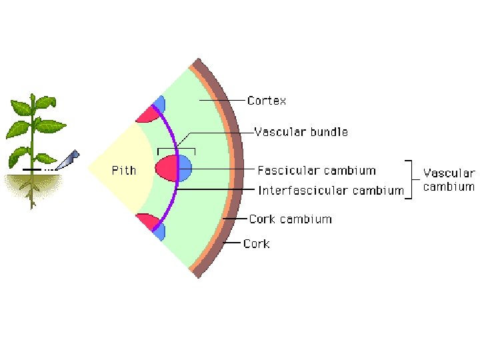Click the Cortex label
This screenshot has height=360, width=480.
point(267,101)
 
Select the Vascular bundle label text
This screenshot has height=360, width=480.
point(301,132)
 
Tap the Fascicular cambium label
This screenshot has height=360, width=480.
point(317,171)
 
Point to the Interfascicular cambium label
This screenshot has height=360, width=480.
point(331,191)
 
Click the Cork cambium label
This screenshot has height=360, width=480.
point(290,219)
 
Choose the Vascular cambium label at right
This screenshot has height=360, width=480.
point(449,180)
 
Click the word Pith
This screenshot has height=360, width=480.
point(123,170)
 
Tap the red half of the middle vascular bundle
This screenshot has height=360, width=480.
point(167,168)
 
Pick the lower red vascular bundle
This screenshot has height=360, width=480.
point(146,221)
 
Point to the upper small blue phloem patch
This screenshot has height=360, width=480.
point(159,104)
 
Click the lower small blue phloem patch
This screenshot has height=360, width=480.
point(159,231)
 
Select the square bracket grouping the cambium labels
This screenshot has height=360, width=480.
point(413,179)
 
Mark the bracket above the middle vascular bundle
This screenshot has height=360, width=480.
point(176,149)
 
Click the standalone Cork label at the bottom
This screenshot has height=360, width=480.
point(256,244)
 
